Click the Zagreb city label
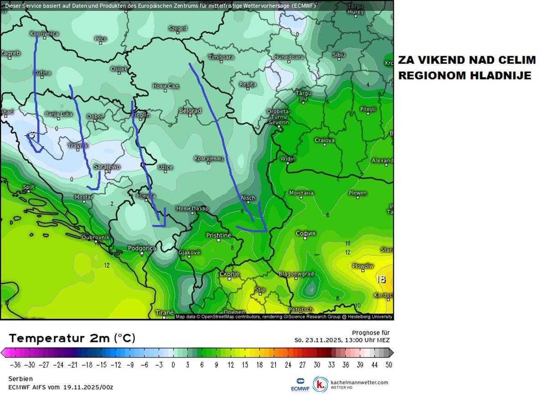pos(10,53)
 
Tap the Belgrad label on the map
pos(190,111)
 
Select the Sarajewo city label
pos(107,167)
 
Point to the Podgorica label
pos(141,248)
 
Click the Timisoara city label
pos(221,57)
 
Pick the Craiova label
pos(325,140)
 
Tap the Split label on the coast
pos(28,187)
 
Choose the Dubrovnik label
pos(95,237)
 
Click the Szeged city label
pos(178,28)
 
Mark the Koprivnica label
pos(44,34)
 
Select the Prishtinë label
pos(219,235)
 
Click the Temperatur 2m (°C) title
pos(72,338)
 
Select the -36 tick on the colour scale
pos(15,365)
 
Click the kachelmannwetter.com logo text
pos(359,383)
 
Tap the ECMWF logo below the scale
pos(300,384)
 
